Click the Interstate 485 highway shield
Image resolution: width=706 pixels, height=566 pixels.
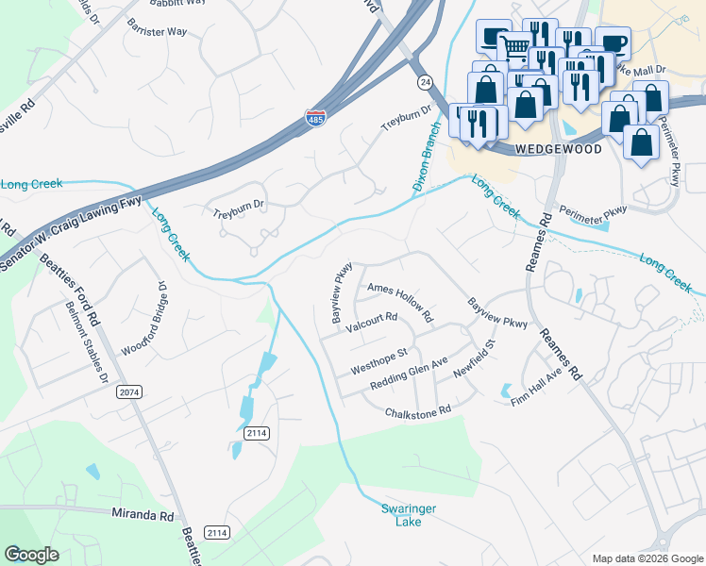[x=316, y=119]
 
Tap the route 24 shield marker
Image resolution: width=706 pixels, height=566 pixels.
[x=427, y=83]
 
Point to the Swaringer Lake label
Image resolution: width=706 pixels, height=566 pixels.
[x=408, y=515]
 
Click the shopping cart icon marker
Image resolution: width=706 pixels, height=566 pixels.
[x=514, y=47]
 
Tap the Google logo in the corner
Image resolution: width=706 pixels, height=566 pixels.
[x=32, y=555]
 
